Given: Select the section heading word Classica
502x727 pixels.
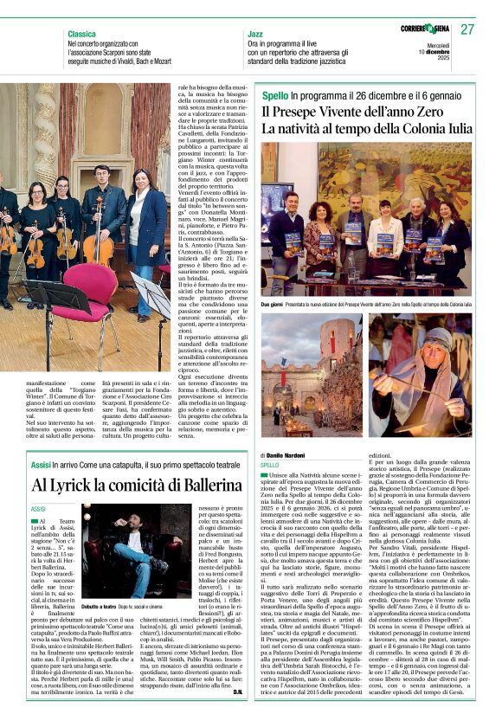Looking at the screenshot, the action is click(82, 33).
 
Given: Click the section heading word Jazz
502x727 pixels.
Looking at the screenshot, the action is click(256, 33).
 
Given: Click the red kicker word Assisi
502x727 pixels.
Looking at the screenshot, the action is click(41, 465).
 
